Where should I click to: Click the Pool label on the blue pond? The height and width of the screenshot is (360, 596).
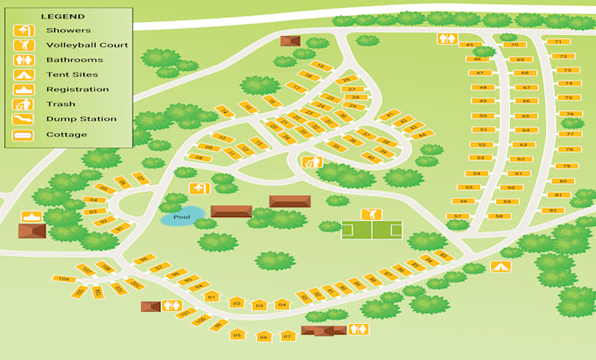181,216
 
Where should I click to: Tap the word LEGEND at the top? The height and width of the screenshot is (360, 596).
64,16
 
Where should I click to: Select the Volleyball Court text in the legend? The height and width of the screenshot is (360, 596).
87,45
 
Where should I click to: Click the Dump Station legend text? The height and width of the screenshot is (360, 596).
81,119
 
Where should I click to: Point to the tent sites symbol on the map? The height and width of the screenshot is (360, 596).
500,266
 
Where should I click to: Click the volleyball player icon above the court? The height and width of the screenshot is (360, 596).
371,215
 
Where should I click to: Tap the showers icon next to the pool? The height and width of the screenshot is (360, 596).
200,188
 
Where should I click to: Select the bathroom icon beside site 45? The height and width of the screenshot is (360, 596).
448,39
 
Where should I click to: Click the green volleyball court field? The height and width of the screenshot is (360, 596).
372,230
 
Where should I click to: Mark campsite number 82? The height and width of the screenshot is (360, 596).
552,210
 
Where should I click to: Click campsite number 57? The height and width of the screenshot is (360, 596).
457,215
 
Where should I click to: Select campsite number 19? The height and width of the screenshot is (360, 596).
320,66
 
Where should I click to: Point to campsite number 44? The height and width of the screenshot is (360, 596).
424,135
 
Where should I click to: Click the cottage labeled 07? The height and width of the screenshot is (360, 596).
287,335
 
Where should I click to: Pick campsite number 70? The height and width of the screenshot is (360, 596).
514,44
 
